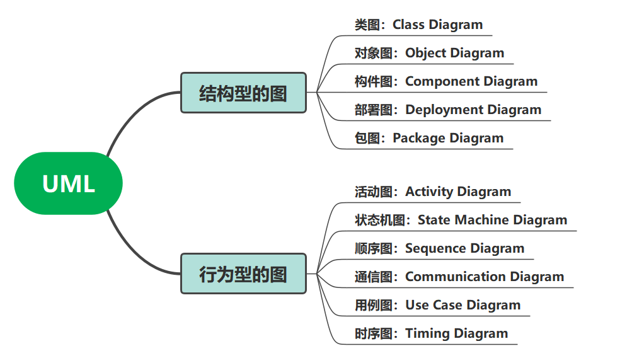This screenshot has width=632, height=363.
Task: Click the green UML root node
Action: [68, 183]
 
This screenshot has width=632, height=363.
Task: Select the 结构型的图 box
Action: [243, 93]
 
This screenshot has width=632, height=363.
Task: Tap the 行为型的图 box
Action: [243, 274]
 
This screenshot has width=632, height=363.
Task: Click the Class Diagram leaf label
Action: [418, 25]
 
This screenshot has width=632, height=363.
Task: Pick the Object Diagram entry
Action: [429, 54]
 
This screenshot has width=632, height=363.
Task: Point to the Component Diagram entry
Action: [446, 81]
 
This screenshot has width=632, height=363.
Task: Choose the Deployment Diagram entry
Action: [448, 110]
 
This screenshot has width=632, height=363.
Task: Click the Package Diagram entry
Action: [429, 138]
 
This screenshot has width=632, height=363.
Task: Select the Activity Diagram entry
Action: [433, 192]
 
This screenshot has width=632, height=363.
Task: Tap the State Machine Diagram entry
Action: [461, 220]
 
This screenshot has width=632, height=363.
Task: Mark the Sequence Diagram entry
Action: [439, 248]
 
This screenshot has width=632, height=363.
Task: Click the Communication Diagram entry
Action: [459, 277]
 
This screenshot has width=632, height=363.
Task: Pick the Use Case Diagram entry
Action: [437, 305]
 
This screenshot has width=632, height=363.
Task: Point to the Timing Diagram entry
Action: [431, 333]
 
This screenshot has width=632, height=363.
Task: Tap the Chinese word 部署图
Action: [373, 110]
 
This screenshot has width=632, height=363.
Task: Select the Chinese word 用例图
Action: [373, 305]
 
